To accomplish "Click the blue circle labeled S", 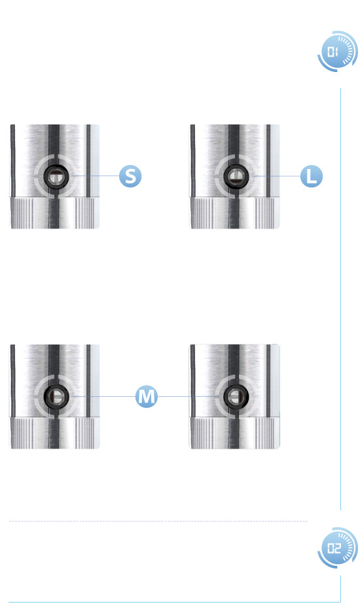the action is tap(130, 176).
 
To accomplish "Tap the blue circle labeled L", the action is tap(312, 176).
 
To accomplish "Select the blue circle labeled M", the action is tap(147, 396).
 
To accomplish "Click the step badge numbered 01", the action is tap(337, 51).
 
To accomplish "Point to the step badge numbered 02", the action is tap(337, 548).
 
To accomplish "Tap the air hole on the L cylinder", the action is tap(236, 176).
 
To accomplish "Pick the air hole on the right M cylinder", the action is tap(236, 396).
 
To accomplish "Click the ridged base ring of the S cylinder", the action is tap(54, 213).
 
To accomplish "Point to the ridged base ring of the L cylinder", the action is tap(235, 213).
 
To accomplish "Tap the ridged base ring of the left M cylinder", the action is tap(54, 433).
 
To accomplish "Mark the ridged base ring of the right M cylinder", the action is tap(235, 433).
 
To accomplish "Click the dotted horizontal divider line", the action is tap(158, 521).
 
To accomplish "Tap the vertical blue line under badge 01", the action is tap(340, 299).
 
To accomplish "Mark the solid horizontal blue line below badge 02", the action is tap(175, 602).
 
